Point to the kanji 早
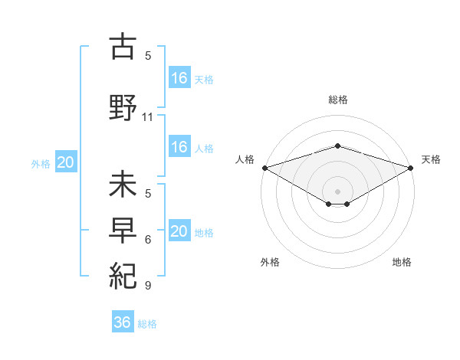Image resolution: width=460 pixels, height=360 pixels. point(123,229)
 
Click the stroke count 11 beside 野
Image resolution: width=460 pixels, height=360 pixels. point(148,117)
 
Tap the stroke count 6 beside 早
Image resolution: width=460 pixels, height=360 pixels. point(148,240)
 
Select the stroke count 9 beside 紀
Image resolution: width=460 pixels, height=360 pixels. point(148,286)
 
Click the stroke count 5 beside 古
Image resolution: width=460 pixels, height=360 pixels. point(148,55)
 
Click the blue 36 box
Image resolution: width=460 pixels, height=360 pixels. point(123,322)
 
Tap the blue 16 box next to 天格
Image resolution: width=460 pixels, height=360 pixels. point(179,77)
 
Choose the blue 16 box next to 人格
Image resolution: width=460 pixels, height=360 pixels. point(179,147)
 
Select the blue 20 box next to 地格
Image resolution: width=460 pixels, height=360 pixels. point(179,231)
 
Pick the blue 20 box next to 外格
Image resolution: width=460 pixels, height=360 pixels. point(66,162)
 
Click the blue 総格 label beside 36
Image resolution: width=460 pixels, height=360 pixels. point(147,324)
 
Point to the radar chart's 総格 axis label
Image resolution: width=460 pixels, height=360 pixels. point(338,100)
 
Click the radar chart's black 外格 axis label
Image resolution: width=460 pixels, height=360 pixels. point(270,262)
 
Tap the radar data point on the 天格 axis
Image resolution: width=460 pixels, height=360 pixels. point(411,167)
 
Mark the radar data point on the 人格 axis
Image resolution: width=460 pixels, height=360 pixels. point(264,167)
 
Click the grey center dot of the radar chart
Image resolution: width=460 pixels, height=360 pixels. point(337,191)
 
